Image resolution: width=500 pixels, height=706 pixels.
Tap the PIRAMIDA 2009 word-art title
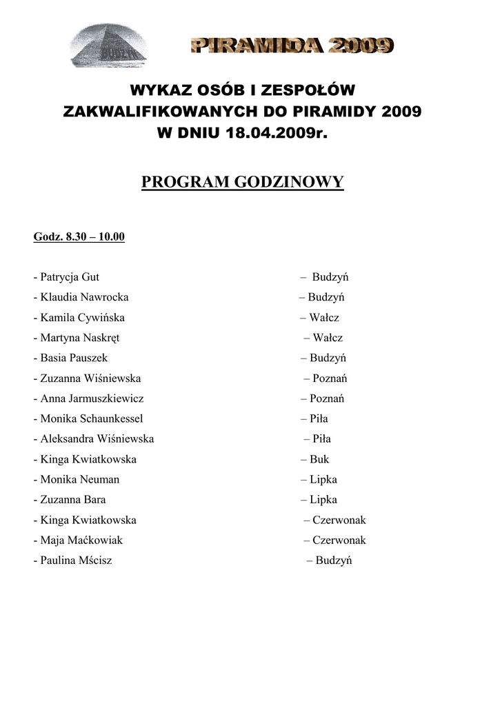click(292, 46)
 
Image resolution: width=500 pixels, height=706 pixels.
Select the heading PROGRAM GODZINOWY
click(242, 182)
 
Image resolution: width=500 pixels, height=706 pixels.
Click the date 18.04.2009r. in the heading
click(273, 133)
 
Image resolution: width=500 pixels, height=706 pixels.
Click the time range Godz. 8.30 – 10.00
click(79, 237)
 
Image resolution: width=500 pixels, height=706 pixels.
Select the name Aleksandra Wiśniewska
click(97, 438)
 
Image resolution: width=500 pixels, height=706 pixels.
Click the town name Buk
click(319, 459)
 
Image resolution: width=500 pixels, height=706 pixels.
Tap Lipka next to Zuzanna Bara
click(323, 499)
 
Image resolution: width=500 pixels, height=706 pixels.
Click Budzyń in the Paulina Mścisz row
click(334, 561)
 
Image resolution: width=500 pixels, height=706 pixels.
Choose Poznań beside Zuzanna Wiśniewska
click(330, 379)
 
